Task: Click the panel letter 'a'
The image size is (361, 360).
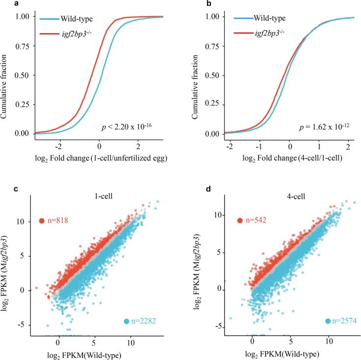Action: pos(3,4)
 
